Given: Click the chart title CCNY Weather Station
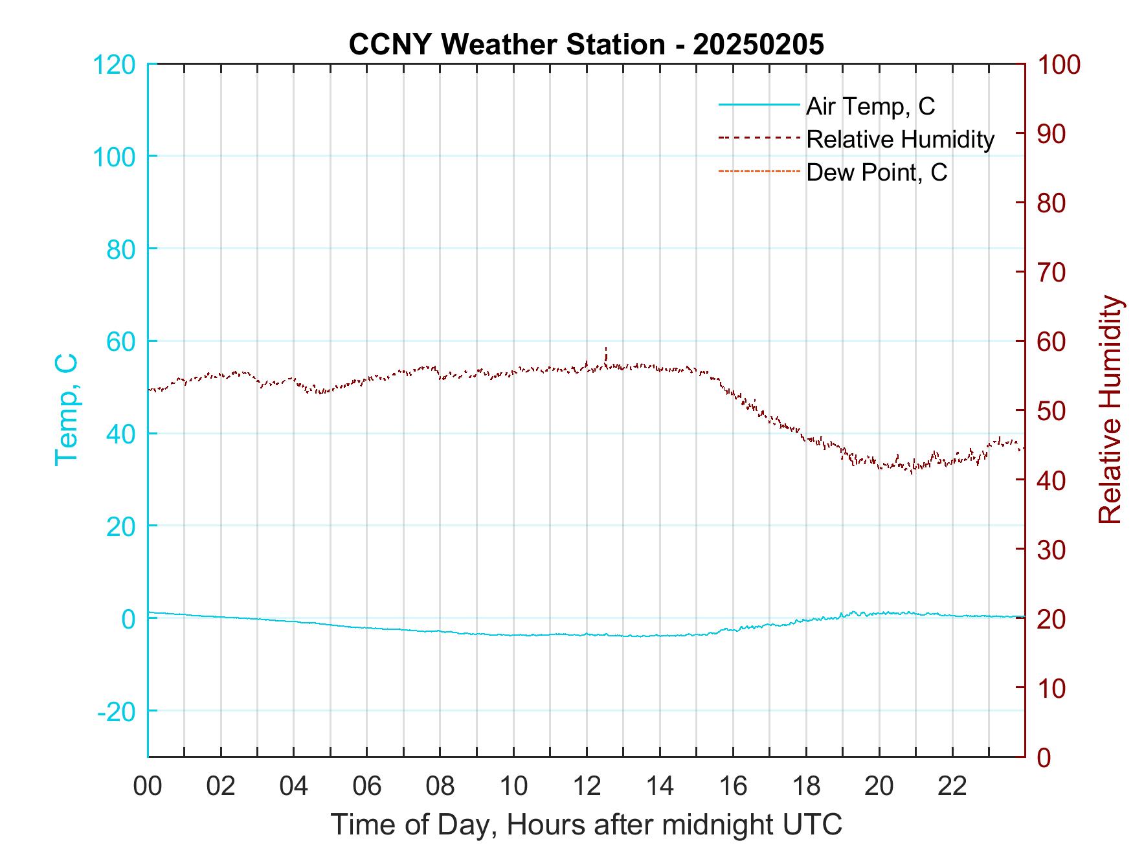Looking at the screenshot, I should pos(586,45).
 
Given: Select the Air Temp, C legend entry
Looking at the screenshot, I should pos(870,106).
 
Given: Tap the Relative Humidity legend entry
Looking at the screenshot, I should pos(900,139).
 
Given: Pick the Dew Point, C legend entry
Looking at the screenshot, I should pos(877,173).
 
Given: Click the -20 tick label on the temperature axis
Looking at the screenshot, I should pos(117,711).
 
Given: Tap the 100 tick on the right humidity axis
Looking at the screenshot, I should pos(1059,65).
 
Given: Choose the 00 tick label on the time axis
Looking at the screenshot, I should pos(148,787).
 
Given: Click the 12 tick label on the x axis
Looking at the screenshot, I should pos(587,787).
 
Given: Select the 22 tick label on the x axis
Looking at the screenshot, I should pos(952,787).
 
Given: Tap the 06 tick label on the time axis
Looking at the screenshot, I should pos(367,787).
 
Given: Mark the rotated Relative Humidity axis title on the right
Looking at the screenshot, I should pos(1110,410).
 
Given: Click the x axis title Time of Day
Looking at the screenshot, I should pos(586,825).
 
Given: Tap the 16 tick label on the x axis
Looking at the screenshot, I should pos(733,787).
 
